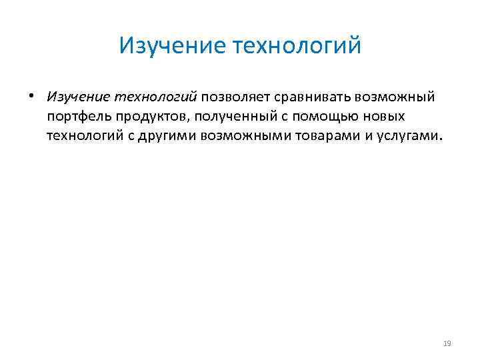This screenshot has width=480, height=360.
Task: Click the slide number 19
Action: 447,343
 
